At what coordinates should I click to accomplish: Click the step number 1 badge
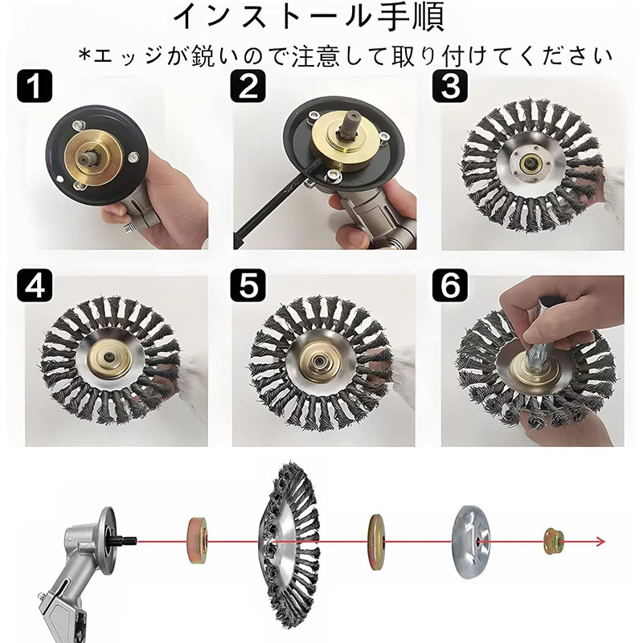(35, 86)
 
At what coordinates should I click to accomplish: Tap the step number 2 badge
(248, 86)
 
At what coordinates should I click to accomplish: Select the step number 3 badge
(450, 86)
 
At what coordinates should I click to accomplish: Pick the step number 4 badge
(35, 285)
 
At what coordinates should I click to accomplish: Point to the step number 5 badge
(248, 285)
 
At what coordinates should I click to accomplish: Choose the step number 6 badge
(450, 285)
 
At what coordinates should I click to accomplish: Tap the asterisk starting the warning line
(84, 55)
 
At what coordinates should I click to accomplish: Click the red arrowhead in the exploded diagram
(600, 542)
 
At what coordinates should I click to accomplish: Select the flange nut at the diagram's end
(555, 541)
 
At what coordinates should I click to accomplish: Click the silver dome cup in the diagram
(471, 542)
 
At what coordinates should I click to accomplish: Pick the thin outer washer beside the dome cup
(376, 542)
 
